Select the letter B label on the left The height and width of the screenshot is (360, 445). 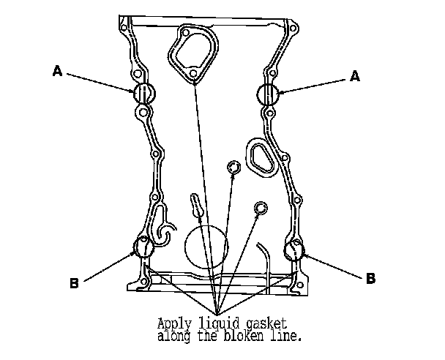pyautogui.click(x=74, y=283)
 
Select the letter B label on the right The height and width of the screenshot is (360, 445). pyautogui.click(x=371, y=278)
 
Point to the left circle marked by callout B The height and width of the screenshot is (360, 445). pyautogui.click(x=143, y=247)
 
